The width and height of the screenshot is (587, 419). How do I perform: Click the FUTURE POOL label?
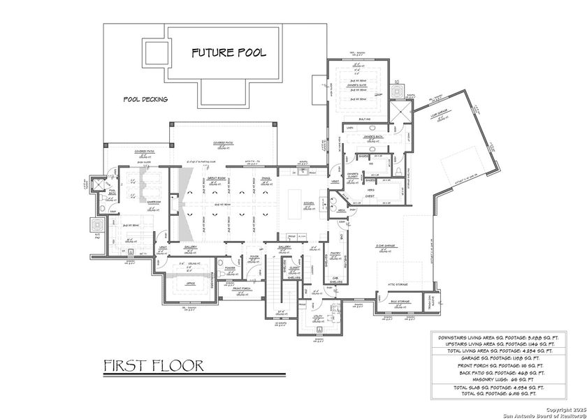point(229,53)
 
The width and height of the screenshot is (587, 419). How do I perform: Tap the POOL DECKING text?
point(145,99)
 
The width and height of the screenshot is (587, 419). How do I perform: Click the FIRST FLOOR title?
point(153,365)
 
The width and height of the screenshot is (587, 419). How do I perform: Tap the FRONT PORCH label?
point(242,288)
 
